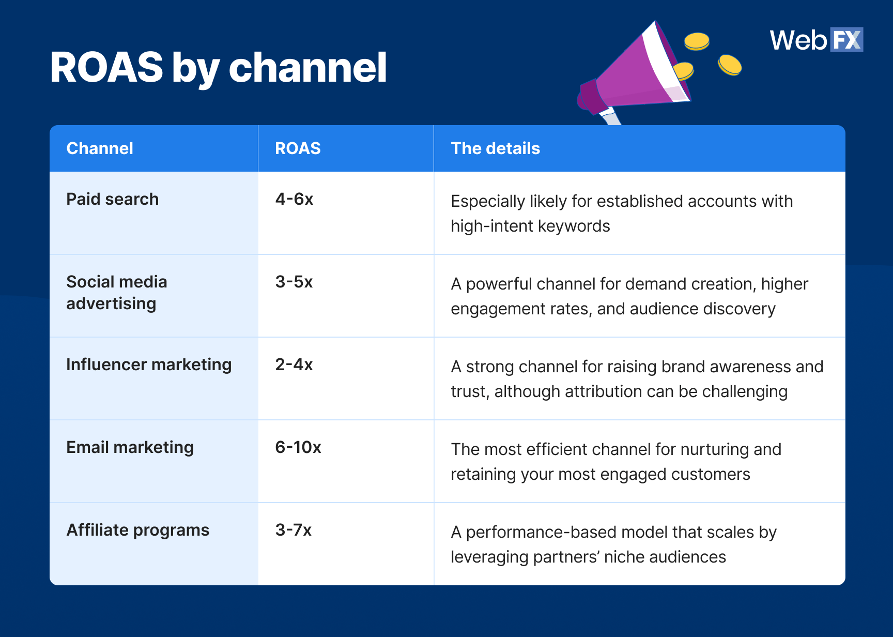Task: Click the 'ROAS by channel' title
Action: click(x=218, y=67)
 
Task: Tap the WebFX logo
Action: click(x=815, y=40)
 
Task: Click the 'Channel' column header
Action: click(x=100, y=148)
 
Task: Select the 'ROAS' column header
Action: click(x=298, y=148)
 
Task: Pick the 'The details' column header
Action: click(x=495, y=148)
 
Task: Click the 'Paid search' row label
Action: click(x=112, y=199)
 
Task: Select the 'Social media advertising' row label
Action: click(x=116, y=293)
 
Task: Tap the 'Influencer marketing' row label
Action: click(x=149, y=365)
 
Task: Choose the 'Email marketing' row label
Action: click(x=130, y=447)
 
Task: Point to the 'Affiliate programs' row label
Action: click(x=137, y=530)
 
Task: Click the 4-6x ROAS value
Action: click(x=294, y=199)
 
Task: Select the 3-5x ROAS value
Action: click(x=294, y=282)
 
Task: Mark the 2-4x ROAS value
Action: click(x=294, y=365)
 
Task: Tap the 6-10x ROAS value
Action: click(x=298, y=447)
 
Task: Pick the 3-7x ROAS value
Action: click(x=293, y=530)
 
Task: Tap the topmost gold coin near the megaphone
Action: click(x=697, y=41)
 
